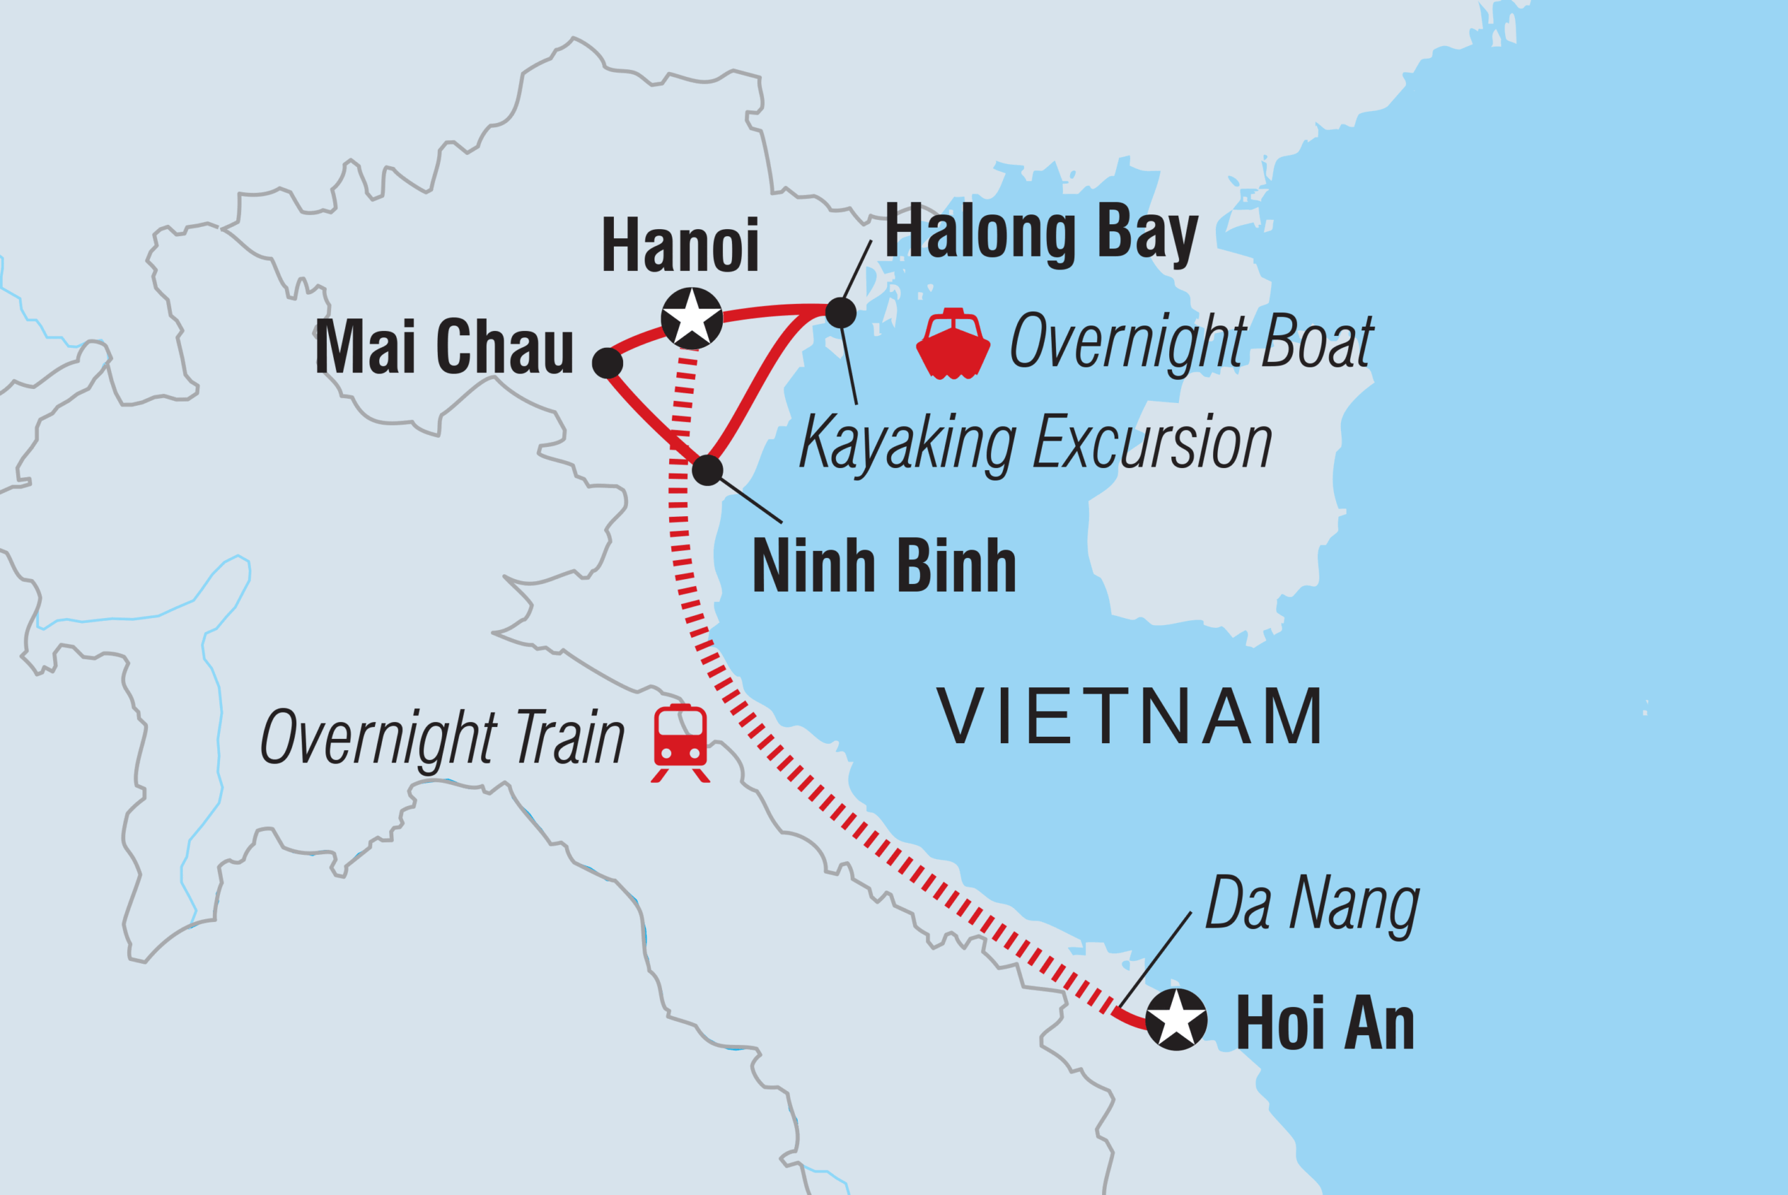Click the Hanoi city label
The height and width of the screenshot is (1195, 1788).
click(x=680, y=245)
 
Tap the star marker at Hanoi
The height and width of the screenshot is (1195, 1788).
click(x=691, y=318)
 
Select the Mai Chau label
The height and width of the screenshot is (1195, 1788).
click(x=444, y=348)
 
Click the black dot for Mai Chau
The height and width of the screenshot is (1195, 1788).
click(x=608, y=364)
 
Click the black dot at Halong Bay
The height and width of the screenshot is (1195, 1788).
click(x=841, y=312)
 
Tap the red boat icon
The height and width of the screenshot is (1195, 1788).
click(x=953, y=344)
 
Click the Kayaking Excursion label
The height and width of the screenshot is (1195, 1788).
click(x=1036, y=443)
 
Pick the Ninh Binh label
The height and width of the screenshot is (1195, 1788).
click(x=884, y=566)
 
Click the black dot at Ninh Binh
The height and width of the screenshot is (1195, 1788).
click(x=708, y=470)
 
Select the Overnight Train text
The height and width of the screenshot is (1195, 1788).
click(x=442, y=737)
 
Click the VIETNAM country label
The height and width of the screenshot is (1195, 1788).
click(x=1129, y=717)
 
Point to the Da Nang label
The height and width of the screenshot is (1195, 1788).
click(x=1312, y=904)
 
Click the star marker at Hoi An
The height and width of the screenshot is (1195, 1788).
click(x=1176, y=1020)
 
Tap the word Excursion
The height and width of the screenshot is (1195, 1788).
click(x=1152, y=443)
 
